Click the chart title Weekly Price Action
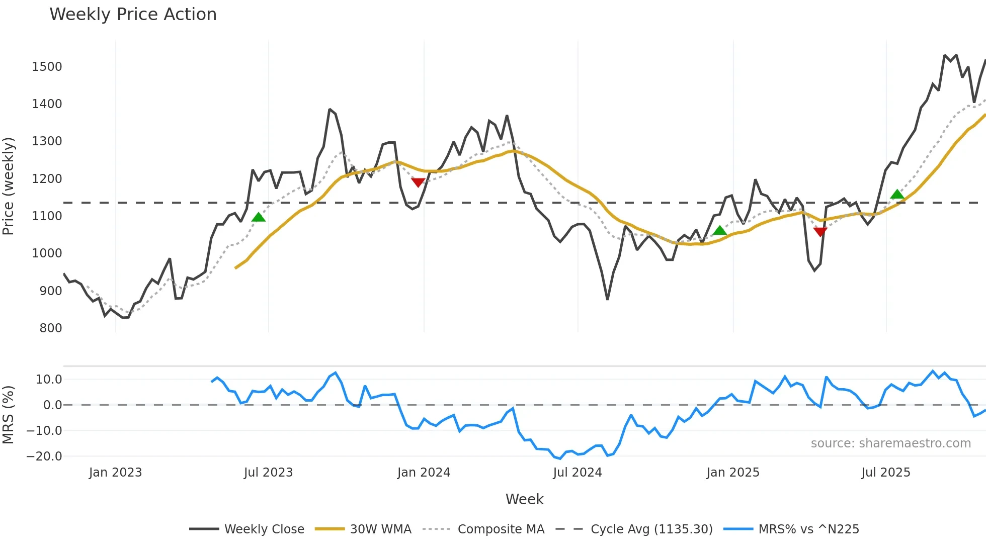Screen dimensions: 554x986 click(133, 15)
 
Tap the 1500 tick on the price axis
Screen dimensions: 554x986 click(47, 67)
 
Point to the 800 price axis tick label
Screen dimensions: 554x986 click(50, 328)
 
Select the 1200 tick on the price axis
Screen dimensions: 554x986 click(47, 179)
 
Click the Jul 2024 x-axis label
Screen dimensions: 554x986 click(577, 473)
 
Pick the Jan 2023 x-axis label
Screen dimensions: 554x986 click(115, 473)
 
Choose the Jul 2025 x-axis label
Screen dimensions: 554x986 click(885, 473)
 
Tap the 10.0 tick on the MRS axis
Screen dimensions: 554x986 click(49, 380)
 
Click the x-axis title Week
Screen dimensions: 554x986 click(524, 499)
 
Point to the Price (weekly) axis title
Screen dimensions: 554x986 click(9, 186)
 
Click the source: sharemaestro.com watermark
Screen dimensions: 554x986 click(890, 443)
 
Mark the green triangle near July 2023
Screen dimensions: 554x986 click(258, 217)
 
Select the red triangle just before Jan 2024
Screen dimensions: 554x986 click(418, 182)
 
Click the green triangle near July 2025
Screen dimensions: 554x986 click(897, 194)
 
